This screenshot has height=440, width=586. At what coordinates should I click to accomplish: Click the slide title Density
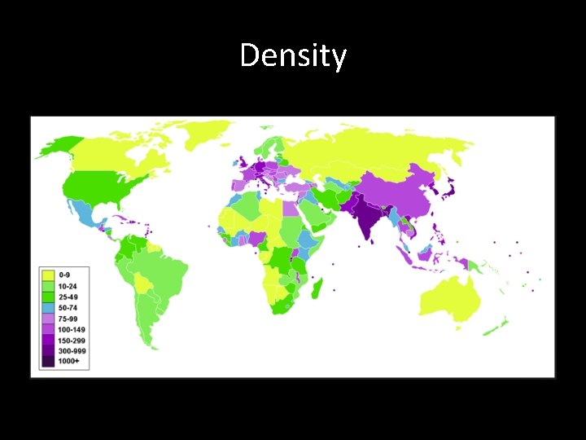coord(293,56)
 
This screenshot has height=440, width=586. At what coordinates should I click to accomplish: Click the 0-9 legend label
coord(64,275)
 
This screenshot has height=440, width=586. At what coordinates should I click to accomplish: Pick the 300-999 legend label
coord(71,350)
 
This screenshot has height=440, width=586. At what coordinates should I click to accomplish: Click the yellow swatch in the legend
coord(47,275)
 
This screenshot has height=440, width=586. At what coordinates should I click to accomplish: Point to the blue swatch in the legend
coord(47,308)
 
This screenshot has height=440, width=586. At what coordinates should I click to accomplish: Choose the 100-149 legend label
coord(71,329)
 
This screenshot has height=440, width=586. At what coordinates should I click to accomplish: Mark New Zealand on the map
coord(495,328)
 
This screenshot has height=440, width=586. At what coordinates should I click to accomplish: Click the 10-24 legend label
coord(67,286)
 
